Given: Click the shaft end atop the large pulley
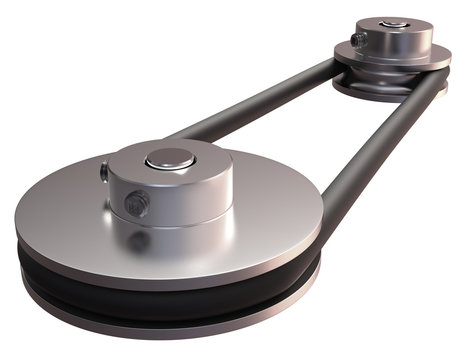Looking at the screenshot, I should tap(169, 158).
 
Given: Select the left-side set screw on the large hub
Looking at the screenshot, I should tap(104, 172).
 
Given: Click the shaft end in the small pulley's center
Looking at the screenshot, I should tap(397, 23).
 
